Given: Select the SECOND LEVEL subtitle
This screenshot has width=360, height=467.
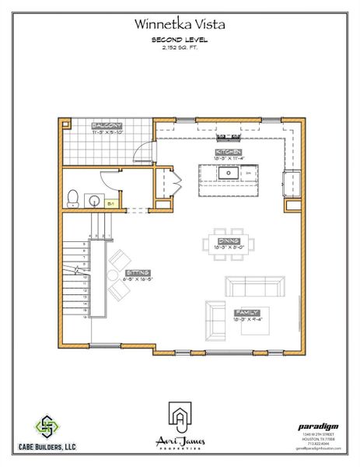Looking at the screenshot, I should (180, 39).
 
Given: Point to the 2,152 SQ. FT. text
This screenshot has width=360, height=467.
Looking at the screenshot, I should (180, 47).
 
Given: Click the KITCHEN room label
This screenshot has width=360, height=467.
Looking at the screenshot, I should (229, 152).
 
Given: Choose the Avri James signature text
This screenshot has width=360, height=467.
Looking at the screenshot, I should (180, 441).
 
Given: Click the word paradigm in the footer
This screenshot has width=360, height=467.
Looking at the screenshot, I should (319, 426).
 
